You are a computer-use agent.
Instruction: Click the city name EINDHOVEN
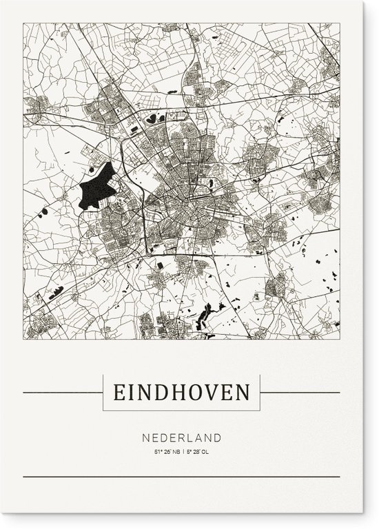(182, 393)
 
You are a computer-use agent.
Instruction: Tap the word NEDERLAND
(182, 437)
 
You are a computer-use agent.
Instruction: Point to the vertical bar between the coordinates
(183, 452)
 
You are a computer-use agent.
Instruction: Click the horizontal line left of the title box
(62, 393)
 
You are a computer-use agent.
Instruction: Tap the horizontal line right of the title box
(300, 393)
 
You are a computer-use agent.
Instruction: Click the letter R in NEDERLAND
(184, 437)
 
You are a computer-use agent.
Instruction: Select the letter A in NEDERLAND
(203, 437)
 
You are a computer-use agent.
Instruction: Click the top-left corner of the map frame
(23, 23)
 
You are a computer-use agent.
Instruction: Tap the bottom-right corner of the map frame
(340, 339)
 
